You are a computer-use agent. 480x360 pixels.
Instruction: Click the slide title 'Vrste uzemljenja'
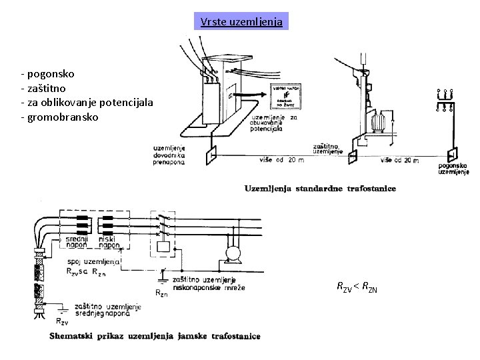pyautogui.click(x=242, y=22)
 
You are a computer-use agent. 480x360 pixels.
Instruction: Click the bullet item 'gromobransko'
pyautogui.click(x=62, y=117)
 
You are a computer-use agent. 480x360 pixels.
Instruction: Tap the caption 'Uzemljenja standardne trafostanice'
pyautogui.click(x=320, y=189)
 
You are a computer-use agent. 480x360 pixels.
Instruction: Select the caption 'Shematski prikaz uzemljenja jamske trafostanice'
pyautogui.click(x=155, y=336)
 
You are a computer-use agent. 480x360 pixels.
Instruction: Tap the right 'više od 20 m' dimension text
pyautogui.click(x=401, y=161)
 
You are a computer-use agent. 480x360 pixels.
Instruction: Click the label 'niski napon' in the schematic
pyautogui.click(x=109, y=242)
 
